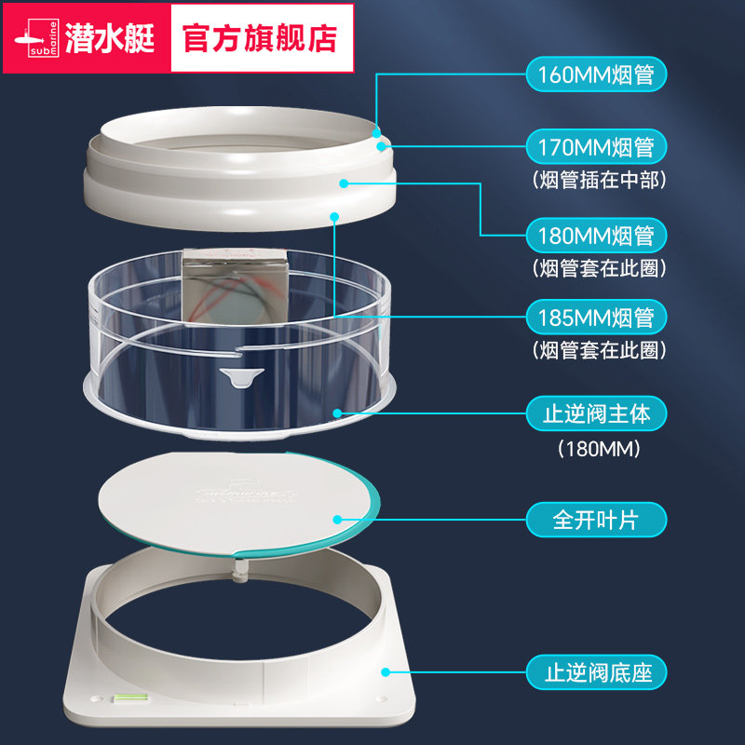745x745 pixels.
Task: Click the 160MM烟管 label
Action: tap(597, 74)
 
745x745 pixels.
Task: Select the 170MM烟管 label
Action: tap(597, 147)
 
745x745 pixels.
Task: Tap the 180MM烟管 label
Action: tap(597, 235)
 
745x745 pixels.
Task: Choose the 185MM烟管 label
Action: tap(597, 318)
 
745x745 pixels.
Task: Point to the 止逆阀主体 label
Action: tap(597, 413)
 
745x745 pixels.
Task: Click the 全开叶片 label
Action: tap(597, 519)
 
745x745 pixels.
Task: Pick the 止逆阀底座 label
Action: tap(597, 670)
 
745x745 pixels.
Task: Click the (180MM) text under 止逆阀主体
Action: tap(597, 450)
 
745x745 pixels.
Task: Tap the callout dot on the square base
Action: tap(383, 670)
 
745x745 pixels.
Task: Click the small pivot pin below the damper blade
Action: tap(241, 564)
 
